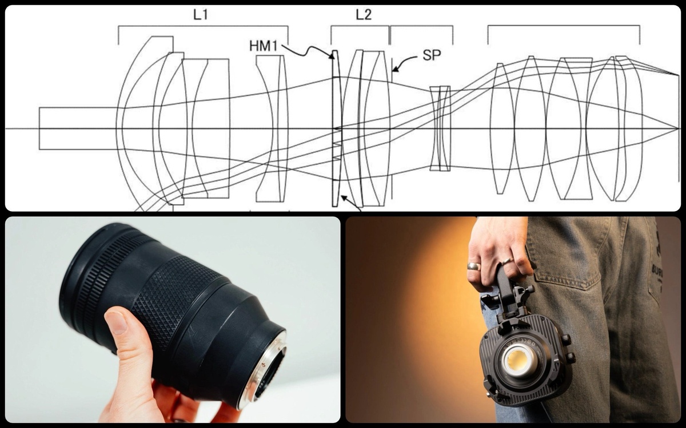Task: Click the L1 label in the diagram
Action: (x=201, y=15)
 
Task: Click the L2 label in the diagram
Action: (x=364, y=15)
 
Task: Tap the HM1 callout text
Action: (x=264, y=46)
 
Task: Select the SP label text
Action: (x=432, y=55)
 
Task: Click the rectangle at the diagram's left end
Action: (x=78, y=128)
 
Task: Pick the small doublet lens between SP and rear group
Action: (x=440, y=128)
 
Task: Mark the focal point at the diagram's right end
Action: (x=678, y=129)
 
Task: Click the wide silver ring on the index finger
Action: (x=474, y=266)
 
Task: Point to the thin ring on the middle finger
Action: (x=507, y=261)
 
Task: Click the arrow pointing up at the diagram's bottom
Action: (x=351, y=203)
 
